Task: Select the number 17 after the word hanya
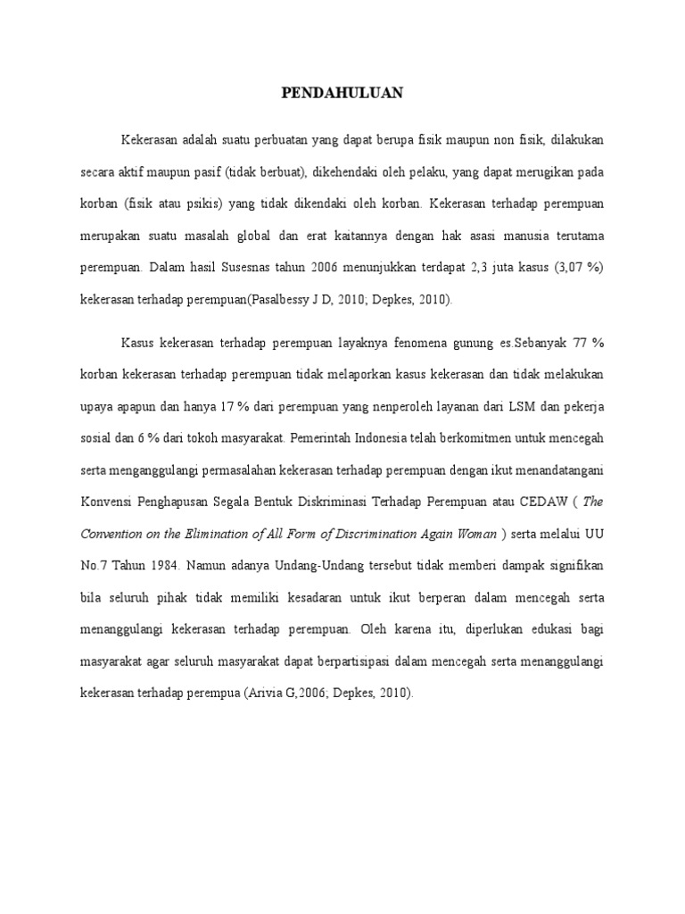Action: [x=242, y=406]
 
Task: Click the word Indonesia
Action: [x=401, y=438]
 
